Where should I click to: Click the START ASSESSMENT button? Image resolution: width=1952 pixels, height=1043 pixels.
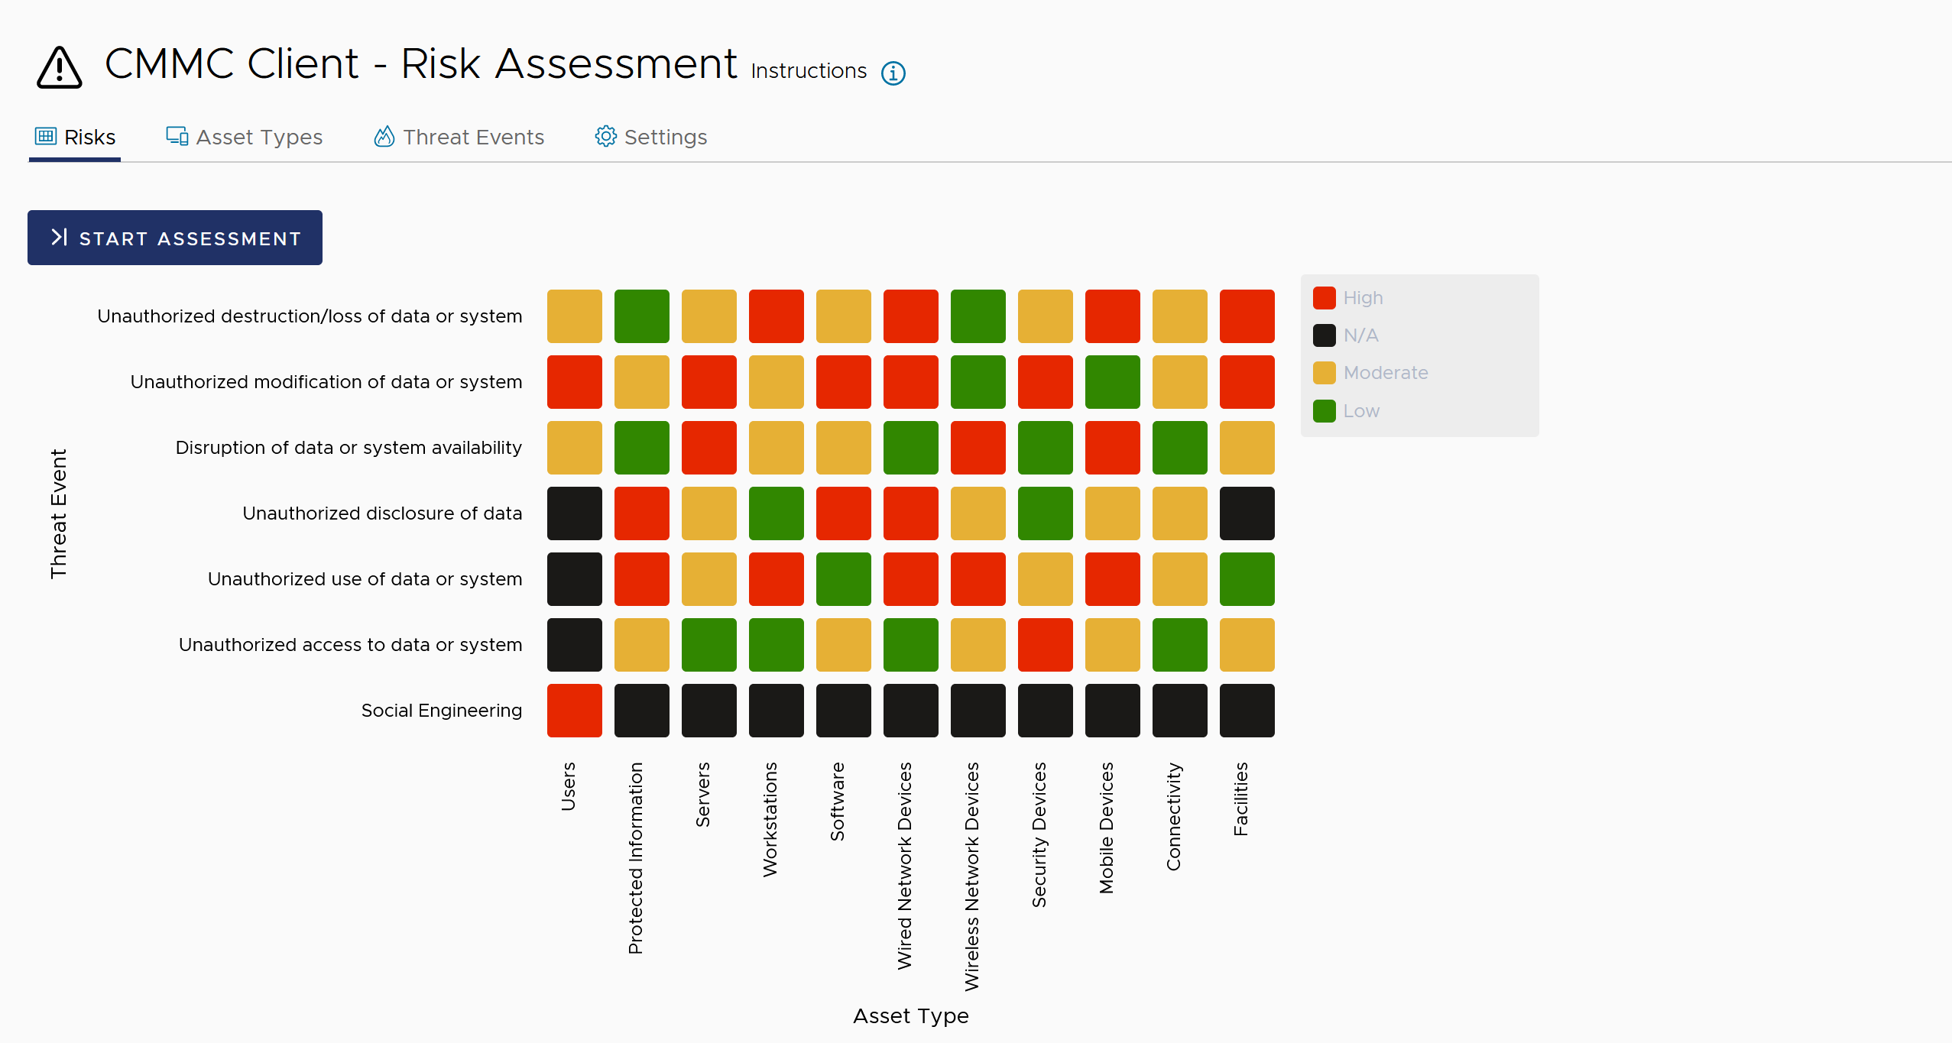tap(175, 238)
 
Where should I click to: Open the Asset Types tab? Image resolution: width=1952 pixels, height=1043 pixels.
tap(245, 138)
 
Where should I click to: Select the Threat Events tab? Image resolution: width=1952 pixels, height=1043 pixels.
tap(459, 138)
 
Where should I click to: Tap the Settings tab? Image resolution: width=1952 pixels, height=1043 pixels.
tap(651, 138)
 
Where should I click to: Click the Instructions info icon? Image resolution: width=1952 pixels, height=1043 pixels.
tap(893, 73)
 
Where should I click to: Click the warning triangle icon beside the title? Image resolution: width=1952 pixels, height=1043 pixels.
tap(59, 68)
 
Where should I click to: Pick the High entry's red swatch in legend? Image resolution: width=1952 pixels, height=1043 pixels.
tap(1324, 298)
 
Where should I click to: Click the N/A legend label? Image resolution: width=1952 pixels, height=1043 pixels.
tap(1360, 335)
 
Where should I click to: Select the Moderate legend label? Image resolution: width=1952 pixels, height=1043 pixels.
tap(1385, 373)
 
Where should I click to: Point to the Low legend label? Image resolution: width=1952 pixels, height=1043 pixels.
tap(1361, 411)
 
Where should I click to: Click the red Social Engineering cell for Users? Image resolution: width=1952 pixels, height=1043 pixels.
tap(575, 711)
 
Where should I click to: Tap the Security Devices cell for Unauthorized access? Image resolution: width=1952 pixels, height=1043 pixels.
tap(1045, 645)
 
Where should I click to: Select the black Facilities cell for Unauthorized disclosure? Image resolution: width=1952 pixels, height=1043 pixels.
tap(1247, 513)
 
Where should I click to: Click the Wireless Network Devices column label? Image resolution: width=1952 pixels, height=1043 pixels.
tap(971, 876)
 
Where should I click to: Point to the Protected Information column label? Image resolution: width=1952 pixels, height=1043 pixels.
tap(635, 857)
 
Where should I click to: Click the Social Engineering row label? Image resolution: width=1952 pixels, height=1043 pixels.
tap(441, 711)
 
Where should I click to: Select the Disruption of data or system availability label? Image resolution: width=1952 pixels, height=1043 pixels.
tap(349, 448)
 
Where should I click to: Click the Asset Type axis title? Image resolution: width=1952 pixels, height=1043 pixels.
tap(910, 1016)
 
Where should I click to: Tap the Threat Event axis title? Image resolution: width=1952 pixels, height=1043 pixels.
tap(59, 513)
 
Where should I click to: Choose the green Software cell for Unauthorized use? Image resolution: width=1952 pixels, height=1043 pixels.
tap(843, 579)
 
